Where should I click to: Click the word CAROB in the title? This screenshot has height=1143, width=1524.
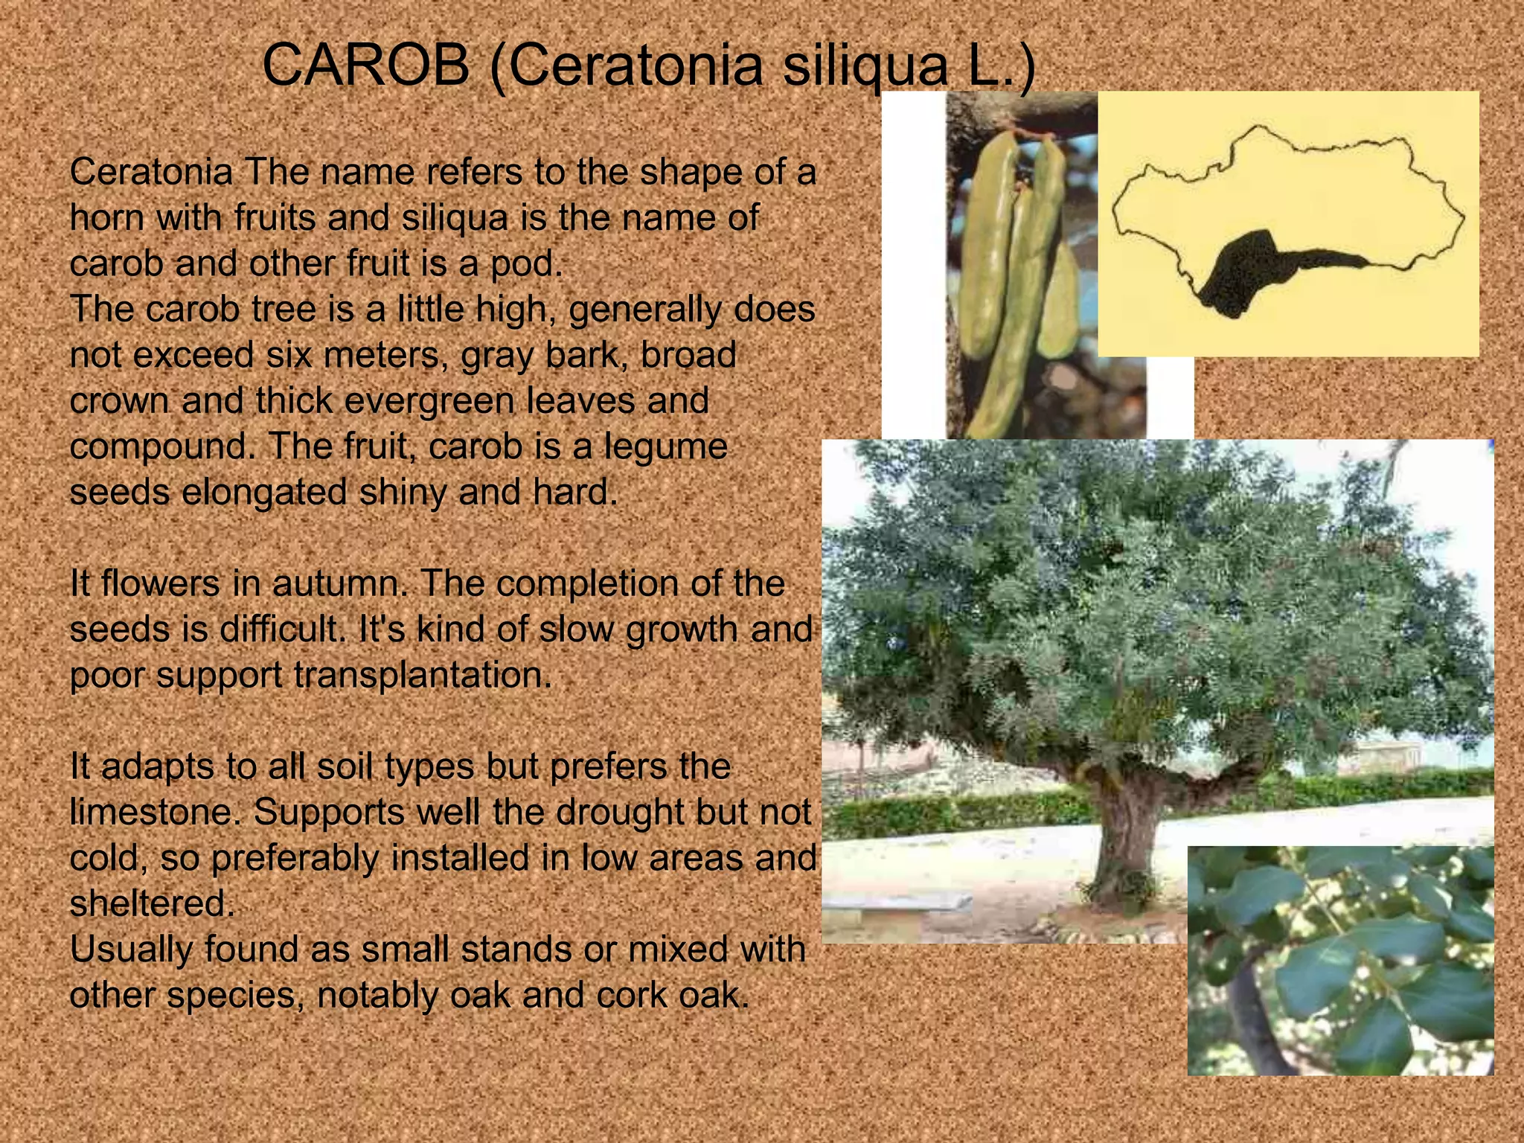[x=366, y=65]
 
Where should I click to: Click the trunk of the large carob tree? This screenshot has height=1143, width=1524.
[x=1127, y=841]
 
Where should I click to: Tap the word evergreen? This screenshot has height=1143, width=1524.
[x=429, y=401]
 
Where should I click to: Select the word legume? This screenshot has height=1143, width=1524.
[x=665, y=446]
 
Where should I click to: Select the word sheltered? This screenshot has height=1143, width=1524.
[x=151, y=904]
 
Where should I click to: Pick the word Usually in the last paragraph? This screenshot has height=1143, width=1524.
[x=131, y=950]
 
